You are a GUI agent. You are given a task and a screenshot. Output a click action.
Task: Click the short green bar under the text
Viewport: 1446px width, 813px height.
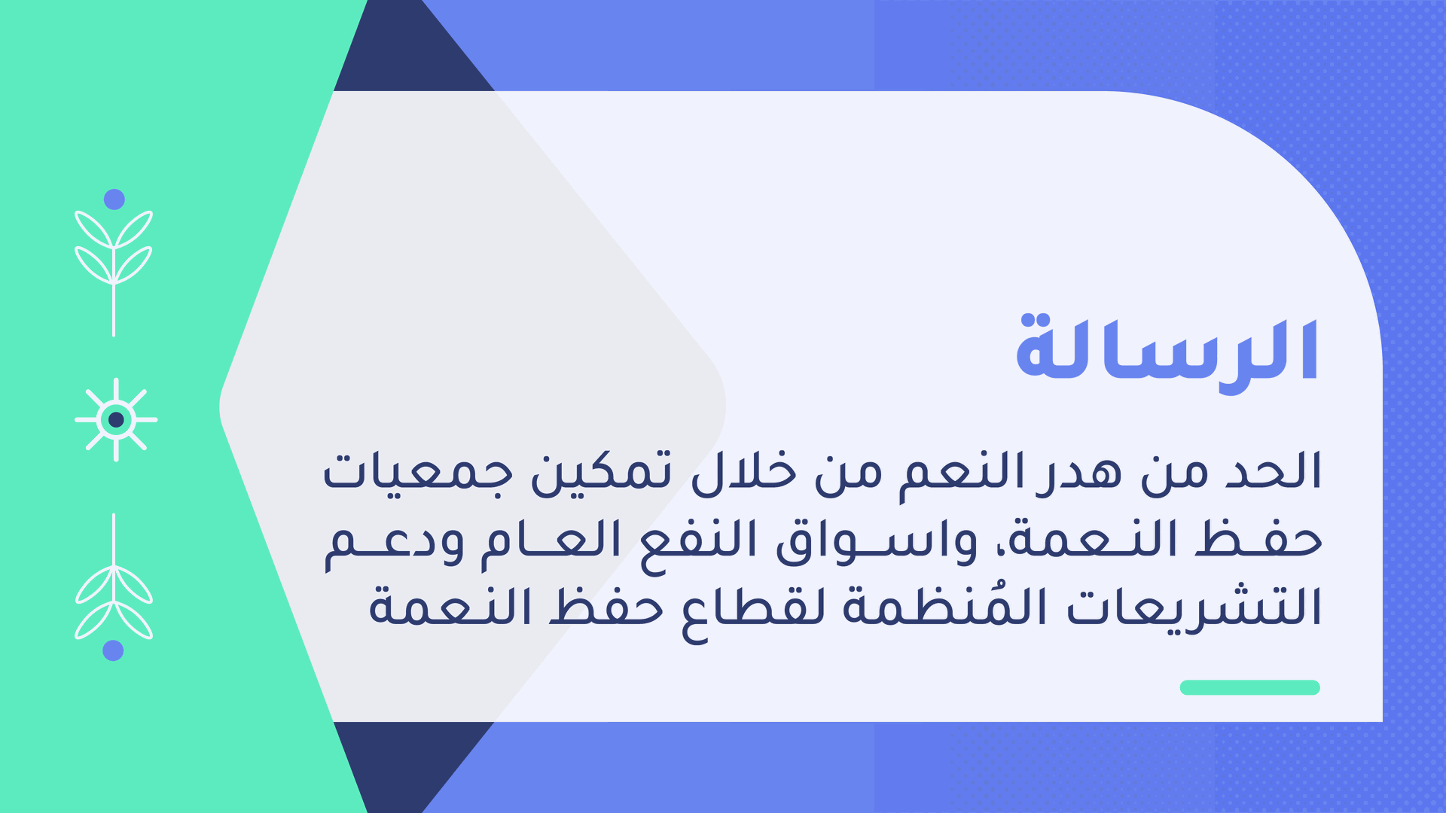tap(1249, 687)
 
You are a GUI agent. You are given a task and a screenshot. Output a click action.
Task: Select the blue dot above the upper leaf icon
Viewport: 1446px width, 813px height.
tap(114, 199)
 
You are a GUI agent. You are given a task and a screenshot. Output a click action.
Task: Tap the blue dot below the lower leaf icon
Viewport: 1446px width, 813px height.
tap(113, 650)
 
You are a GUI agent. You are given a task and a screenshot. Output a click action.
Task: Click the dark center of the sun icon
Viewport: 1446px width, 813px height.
tap(116, 419)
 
